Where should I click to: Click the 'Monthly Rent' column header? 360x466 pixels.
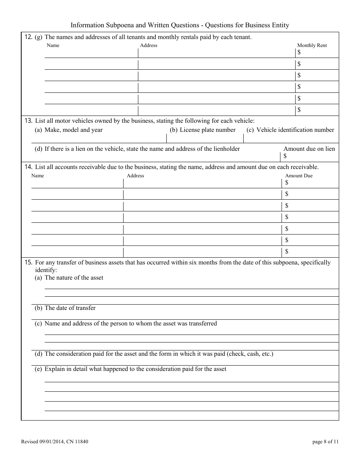pyautogui.click(x=311, y=45)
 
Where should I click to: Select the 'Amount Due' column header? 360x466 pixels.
pyautogui.click(x=299, y=176)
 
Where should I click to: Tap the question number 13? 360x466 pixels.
pyautogui.click(x=28, y=121)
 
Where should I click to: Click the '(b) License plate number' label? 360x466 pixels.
pyautogui.click(x=202, y=130)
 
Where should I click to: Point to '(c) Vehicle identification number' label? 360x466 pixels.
pyautogui.click(x=290, y=130)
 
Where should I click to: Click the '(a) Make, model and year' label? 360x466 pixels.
pyautogui.click(x=69, y=130)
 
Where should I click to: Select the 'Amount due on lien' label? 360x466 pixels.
pyautogui.click(x=309, y=149)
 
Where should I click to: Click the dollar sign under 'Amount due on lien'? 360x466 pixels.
pyautogui.click(x=285, y=156)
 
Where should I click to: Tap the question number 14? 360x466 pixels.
pyautogui.click(x=28, y=167)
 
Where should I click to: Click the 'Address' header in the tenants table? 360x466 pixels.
pyautogui.click(x=149, y=45)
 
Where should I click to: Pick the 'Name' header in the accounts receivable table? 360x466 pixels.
pyautogui.click(x=38, y=176)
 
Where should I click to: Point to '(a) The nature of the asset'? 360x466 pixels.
pyautogui.click(x=69, y=278)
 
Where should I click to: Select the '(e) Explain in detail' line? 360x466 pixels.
pyautogui.click(x=130, y=369)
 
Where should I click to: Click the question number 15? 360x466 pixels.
pyautogui.click(x=28, y=263)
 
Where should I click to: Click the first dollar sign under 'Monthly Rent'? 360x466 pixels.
pyautogui.click(x=299, y=52)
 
